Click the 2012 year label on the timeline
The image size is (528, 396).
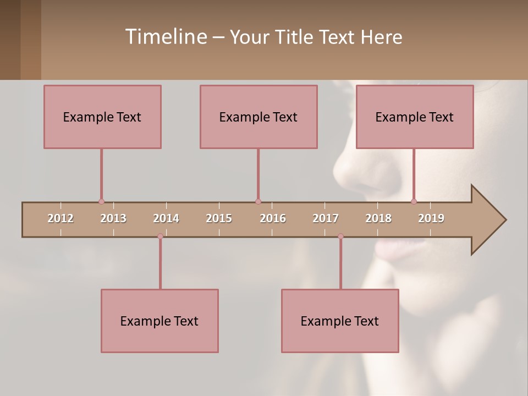click(x=61, y=218)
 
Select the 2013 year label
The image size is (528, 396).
click(x=113, y=218)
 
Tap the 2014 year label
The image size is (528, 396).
click(x=166, y=218)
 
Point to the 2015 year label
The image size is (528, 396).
click(x=219, y=218)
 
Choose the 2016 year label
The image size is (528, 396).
click(x=273, y=218)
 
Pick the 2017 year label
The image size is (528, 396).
click(x=326, y=218)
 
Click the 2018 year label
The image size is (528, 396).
click(x=378, y=218)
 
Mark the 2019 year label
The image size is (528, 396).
click(x=431, y=218)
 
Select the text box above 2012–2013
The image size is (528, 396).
click(x=102, y=117)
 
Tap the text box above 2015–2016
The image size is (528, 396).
click(x=258, y=117)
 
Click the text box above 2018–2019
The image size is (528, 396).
click(x=415, y=117)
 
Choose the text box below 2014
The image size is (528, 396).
click(x=159, y=321)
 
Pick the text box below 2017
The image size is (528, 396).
click(x=340, y=321)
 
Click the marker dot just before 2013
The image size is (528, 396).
click(x=101, y=202)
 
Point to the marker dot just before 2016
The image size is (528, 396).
click(x=258, y=202)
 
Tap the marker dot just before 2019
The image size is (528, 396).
click(x=414, y=201)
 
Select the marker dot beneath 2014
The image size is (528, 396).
click(x=160, y=236)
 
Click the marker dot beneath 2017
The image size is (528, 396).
click(x=340, y=236)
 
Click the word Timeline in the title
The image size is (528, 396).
click(x=165, y=36)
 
